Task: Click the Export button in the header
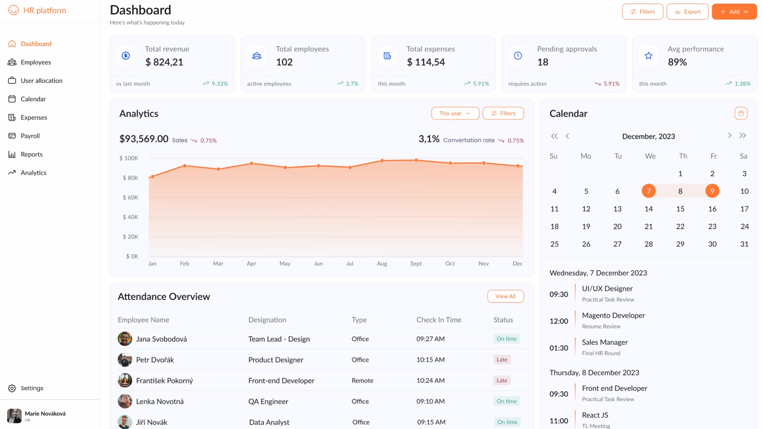(x=687, y=12)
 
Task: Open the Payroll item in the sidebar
(x=30, y=136)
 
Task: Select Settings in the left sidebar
(x=32, y=388)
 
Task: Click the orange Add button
(x=734, y=12)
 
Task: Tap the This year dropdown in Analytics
(x=455, y=114)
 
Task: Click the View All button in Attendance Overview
(x=505, y=296)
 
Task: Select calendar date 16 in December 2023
(x=712, y=209)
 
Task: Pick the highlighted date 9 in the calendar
(x=712, y=191)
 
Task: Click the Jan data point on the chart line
(x=153, y=176)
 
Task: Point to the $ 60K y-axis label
(x=130, y=197)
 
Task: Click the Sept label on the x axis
(x=416, y=263)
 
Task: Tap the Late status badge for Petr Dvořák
(x=502, y=359)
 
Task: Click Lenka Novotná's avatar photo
(x=125, y=401)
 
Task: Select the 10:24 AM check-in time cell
(x=430, y=381)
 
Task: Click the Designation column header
(x=267, y=320)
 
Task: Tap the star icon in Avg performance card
(x=648, y=56)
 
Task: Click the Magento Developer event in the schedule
(x=613, y=315)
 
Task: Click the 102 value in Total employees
(x=284, y=62)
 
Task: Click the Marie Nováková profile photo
(x=14, y=416)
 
